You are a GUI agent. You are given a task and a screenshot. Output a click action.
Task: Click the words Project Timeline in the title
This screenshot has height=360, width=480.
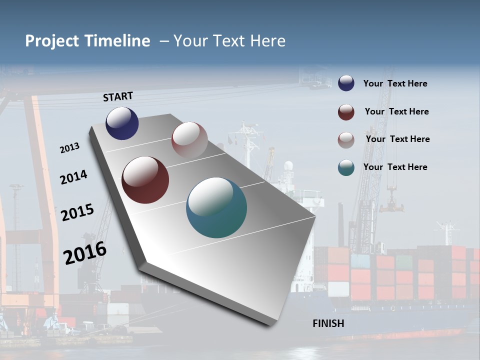(x=87, y=41)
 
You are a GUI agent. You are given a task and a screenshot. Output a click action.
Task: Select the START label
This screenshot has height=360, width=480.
(x=118, y=96)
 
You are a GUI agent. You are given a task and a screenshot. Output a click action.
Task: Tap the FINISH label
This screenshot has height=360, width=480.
(x=328, y=323)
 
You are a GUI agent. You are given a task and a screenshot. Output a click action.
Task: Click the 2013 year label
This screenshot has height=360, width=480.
(x=69, y=148)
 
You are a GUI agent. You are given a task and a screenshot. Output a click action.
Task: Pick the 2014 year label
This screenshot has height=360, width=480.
(x=73, y=177)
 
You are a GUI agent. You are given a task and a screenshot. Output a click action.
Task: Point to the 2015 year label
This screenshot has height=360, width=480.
(x=77, y=212)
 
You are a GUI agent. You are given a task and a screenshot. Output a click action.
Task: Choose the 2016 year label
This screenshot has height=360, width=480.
(x=85, y=252)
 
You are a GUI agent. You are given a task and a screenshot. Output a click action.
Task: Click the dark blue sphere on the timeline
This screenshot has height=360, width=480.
(x=122, y=123)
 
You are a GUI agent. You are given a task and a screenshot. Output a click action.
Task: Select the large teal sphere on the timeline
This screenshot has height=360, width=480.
(x=216, y=207)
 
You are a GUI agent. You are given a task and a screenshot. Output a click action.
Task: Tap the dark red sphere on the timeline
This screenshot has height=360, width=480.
(x=145, y=180)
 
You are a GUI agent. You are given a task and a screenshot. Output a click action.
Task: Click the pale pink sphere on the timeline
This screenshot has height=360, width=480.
(x=189, y=140)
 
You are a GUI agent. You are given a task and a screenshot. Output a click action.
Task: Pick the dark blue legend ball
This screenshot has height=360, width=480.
(x=346, y=83)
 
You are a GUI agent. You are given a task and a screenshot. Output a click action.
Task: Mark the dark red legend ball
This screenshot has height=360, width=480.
(x=346, y=112)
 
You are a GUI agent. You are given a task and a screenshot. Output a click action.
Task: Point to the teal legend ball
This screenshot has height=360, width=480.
(x=346, y=167)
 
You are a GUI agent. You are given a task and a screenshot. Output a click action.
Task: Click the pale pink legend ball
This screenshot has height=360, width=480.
(x=346, y=140)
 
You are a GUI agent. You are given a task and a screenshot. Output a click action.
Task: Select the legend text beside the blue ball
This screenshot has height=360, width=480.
(x=395, y=83)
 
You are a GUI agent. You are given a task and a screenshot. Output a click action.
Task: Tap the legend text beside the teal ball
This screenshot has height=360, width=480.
(x=395, y=167)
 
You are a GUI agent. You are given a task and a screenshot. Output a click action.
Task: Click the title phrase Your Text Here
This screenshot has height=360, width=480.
(x=229, y=41)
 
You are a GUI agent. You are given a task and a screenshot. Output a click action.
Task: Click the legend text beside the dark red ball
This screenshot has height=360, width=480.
(x=396, y=111)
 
